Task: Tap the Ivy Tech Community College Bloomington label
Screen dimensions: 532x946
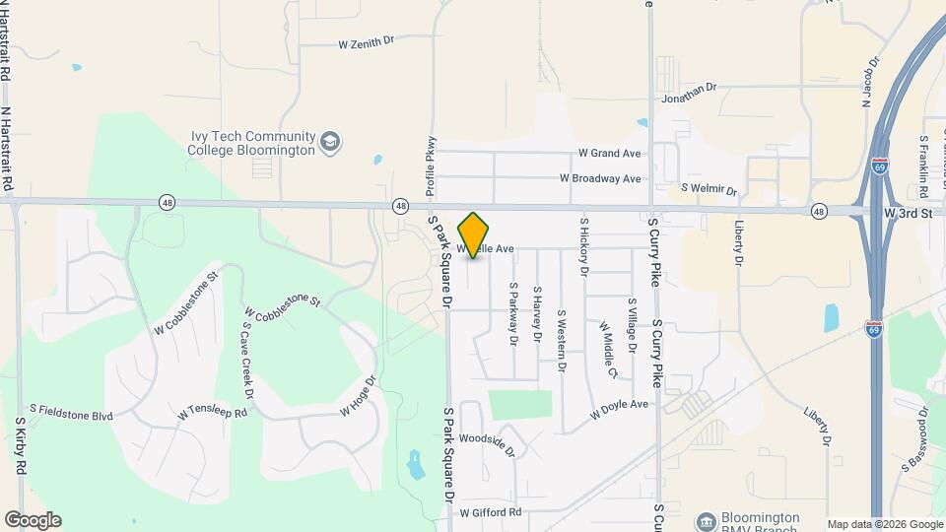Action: tap(253, 143)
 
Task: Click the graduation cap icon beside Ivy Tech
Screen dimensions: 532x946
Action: tap(331, 144)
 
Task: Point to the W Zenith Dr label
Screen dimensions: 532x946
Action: tap(366, 42)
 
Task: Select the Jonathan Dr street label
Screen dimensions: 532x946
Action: tap(689, 92)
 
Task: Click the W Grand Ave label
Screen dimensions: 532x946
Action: tap(609, 154)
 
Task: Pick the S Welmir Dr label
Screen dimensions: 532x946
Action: tap(709, 187)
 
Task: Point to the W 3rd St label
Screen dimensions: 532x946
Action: tap(908, 213)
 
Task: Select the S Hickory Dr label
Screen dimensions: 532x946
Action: tap(583, 246)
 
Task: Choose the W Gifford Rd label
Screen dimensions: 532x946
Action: tap(490, 513)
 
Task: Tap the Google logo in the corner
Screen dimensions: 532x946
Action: tap(33, 520)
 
